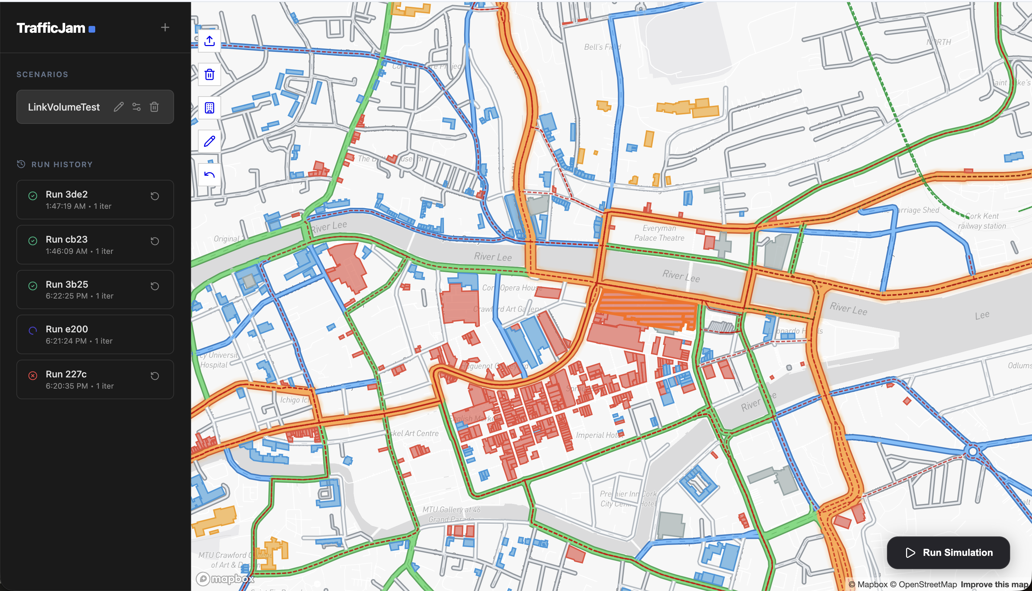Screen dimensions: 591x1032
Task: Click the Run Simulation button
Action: (948, 552)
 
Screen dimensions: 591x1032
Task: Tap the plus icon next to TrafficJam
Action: (165, 28)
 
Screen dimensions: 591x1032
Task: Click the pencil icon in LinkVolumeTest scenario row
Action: (118, 107)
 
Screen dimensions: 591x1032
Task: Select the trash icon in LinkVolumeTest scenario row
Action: (154, 107)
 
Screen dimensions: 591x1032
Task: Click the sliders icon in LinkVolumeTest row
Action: (137, 107)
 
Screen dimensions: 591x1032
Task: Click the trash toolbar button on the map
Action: (210, 74)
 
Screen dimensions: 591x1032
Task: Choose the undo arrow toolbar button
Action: (210, 175)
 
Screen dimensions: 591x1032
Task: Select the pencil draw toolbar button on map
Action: (210, 141)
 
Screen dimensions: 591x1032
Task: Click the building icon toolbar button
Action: (210, 108)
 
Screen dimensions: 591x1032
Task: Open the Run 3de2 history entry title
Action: (67, 194)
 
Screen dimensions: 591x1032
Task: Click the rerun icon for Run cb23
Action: (155, 241)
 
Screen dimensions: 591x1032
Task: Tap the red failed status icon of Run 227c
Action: (33, 375)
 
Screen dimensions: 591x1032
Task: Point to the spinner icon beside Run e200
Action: (33, 330)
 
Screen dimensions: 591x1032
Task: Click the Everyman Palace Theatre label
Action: (659, 233)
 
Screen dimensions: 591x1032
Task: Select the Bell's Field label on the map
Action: (602, 47)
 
